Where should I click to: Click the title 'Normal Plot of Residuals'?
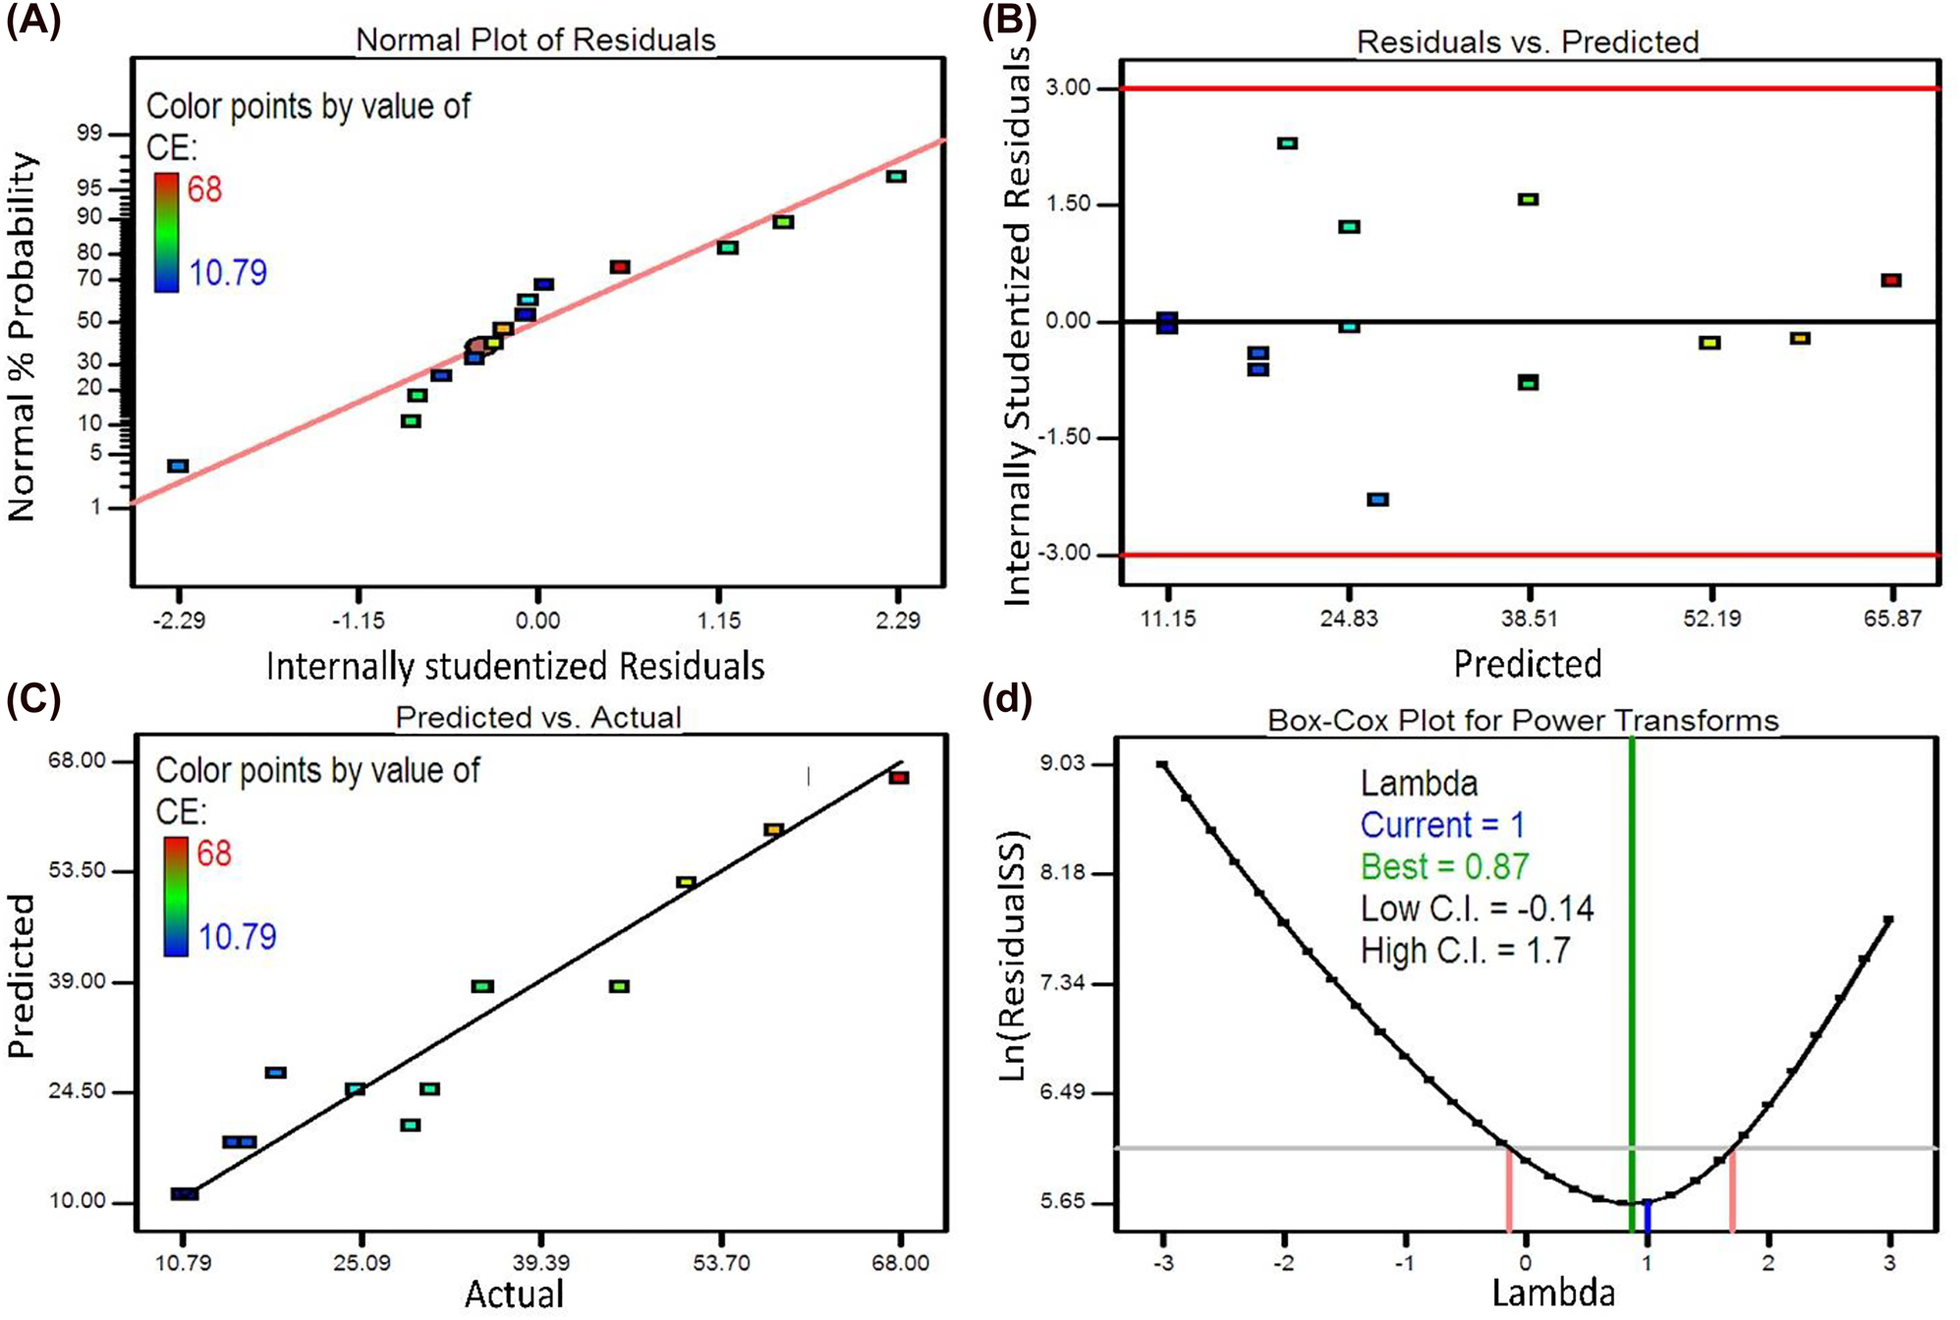tap(535, 39)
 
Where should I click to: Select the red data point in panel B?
tap(1891, 281)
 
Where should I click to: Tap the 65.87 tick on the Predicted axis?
tap(1891, 619)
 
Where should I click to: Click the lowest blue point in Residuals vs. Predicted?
tap(1377, 500)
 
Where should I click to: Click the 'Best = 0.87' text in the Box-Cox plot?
tap(1444, 866)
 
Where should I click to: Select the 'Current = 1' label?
tap(1442, 824)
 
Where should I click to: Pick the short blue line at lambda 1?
tap(1648, 1216)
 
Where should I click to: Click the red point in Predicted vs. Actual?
tap(899, 778)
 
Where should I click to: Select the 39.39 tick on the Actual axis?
tap(541, 1262)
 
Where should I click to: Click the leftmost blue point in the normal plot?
tap(178, 467)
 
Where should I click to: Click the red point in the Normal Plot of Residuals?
tap(619, 267)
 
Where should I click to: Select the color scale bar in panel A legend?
tap(166, 233)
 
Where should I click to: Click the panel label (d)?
tap(1007, 700)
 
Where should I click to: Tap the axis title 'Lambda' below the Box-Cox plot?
tap(1552, 1292)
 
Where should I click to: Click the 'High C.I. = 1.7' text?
tap(1465, 951)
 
